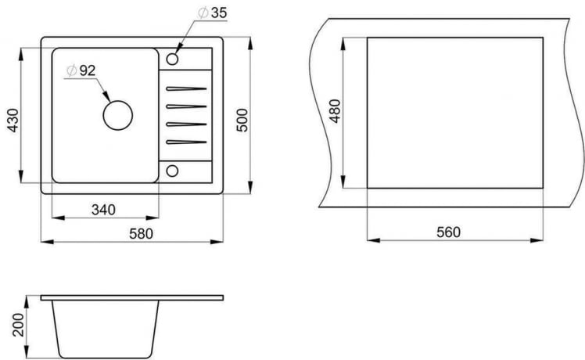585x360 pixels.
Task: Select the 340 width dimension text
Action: click(103, 209)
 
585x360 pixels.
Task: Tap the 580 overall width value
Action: click(141, 233)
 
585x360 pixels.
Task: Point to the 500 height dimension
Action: click(242, 118)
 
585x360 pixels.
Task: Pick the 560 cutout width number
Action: click(449, 232)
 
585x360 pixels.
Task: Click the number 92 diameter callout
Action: click(87, 70)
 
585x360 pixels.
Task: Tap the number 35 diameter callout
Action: click(218, 13)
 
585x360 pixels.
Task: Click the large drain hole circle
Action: click(118, 116)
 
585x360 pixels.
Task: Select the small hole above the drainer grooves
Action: click(173, 58)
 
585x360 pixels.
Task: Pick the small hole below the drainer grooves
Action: click(173, 171)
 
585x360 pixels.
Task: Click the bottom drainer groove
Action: click(185, 142)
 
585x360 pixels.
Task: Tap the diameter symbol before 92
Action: click(70, 70)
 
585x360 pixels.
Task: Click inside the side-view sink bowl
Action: click(106, 325)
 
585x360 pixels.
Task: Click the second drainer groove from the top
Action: click(185, 106)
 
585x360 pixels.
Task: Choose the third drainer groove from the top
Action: click(185, 124)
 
